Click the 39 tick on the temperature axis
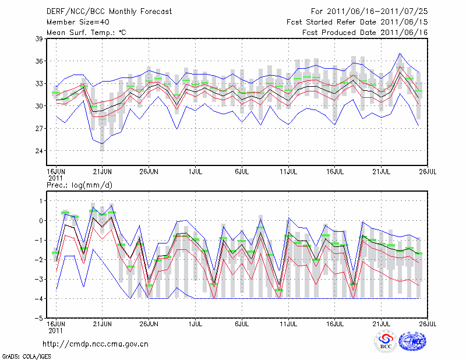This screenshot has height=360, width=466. click(x=40, y=39)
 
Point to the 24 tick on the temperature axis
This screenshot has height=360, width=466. click(x=40, y=151)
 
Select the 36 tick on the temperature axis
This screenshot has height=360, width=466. click(x=40, y=61)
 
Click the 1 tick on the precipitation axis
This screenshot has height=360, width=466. click(x=41, y=201)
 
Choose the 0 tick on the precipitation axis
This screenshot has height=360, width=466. click(x=41, y=221)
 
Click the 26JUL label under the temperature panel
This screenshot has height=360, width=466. click(x=428, y=171)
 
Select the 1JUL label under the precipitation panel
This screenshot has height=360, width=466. click(x=196, y=323)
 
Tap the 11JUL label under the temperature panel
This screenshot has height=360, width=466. click(x=288, y=171)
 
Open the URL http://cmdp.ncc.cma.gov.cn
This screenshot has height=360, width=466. click(x=96, y=344)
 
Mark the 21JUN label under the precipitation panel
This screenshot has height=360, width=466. click(x=102, y=323)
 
